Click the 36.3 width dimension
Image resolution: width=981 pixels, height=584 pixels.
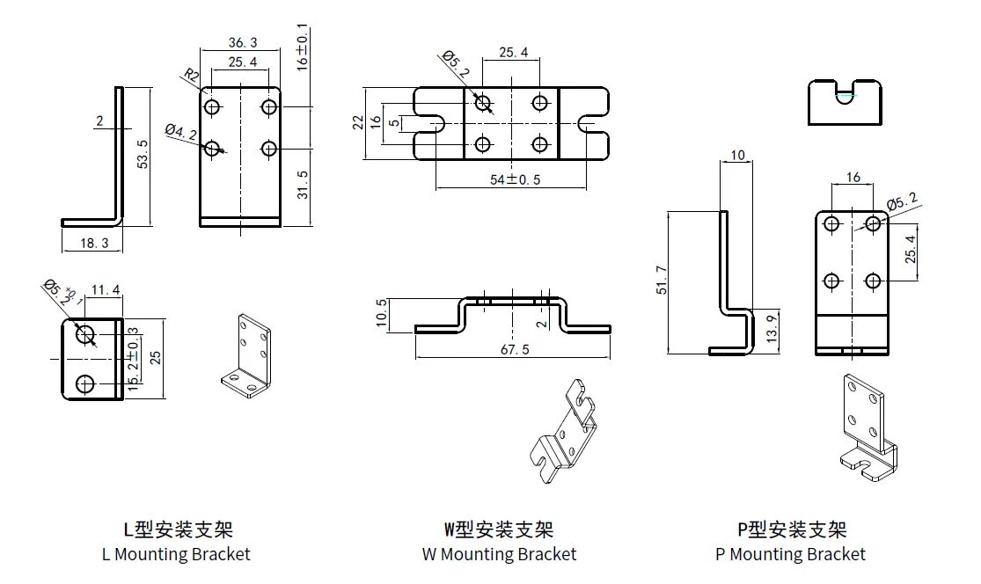[242, 42]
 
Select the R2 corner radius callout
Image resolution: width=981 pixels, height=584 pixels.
[191, 76]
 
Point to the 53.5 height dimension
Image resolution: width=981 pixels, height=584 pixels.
[143, 154]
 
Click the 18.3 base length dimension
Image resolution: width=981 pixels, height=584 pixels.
[93, 244]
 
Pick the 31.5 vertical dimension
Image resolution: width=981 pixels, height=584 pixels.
[302, 185]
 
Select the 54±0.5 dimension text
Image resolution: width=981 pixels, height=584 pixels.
[516, 179]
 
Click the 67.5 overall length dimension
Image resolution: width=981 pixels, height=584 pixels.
[514, 349]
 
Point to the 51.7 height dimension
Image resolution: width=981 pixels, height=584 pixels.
[662, 281]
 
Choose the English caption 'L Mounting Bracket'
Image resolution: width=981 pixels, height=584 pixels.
[176, 554]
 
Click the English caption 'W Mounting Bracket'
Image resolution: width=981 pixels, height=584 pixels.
[499, 554]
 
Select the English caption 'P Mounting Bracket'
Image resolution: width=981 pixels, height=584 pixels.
[790, 554]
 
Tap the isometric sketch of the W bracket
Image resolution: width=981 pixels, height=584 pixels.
[563, 433]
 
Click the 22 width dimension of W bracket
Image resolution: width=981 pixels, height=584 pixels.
[359, 122]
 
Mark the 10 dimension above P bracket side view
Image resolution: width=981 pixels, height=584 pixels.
[737, 156]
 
